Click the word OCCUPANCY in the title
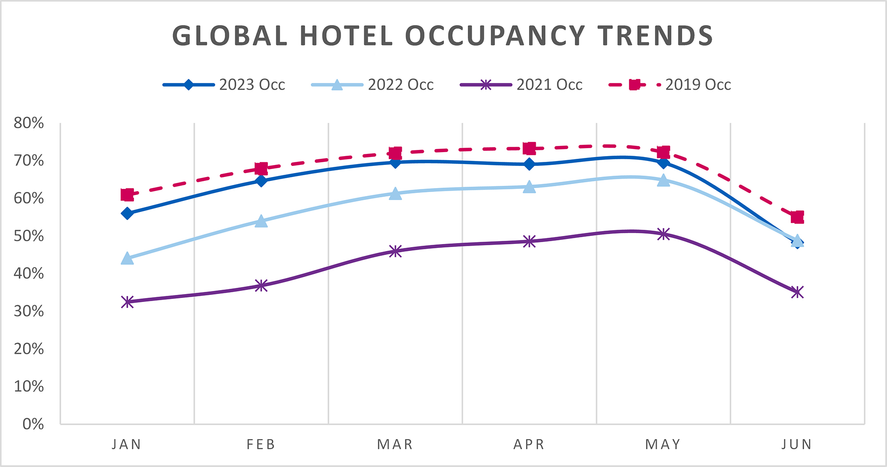(x=495, y=36)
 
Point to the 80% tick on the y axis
(x=29, y=123)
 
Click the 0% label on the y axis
(x=33, y=424)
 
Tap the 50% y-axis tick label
(x=29, y=236)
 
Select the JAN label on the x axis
(x=127, y=444)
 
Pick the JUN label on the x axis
(x=797, y=444)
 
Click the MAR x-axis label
(x=395, y=444)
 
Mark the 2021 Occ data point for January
(x=127, y=302)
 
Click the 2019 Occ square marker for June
(x=797, y=217)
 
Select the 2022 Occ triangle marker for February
(x=261, y=221)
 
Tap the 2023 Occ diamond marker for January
(x=127, y=213)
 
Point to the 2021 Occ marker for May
(x=663, y=234)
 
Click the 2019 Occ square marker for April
(x=529, y=148)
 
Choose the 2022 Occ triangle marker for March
(x=395, y=194)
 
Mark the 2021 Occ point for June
(x=797, y=292)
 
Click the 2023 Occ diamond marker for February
(x=261, y=181)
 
